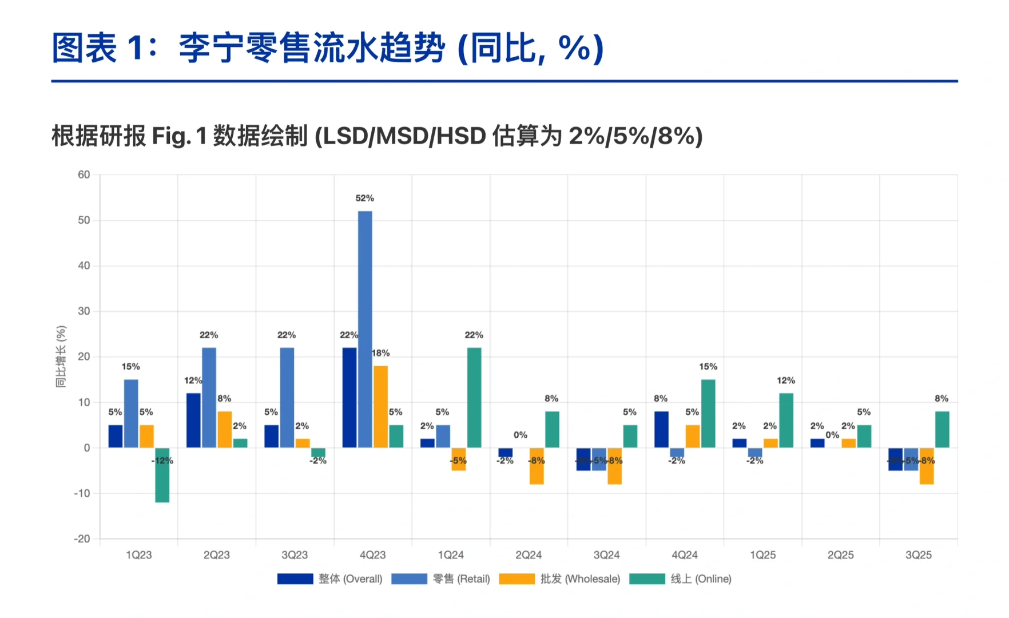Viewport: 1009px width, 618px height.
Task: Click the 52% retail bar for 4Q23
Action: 365,329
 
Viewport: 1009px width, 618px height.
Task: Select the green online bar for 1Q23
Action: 162,475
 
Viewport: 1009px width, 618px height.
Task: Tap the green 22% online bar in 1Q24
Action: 474,398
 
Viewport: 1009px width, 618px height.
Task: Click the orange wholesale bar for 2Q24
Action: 537,466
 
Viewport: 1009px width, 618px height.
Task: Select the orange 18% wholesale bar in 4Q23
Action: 380,406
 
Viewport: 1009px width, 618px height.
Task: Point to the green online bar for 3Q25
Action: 942,429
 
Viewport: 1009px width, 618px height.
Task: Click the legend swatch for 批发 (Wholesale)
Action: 517,579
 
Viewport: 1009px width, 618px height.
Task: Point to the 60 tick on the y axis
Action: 84,175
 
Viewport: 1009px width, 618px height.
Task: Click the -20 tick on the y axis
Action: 82,538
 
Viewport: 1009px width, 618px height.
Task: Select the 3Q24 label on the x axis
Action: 606,555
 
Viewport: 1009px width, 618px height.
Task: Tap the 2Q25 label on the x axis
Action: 840,555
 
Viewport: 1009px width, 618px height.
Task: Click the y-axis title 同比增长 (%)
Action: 61,356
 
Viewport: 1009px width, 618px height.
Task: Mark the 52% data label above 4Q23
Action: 365,198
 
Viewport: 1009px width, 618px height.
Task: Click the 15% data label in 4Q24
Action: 708,366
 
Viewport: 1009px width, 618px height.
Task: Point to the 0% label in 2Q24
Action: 521,435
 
